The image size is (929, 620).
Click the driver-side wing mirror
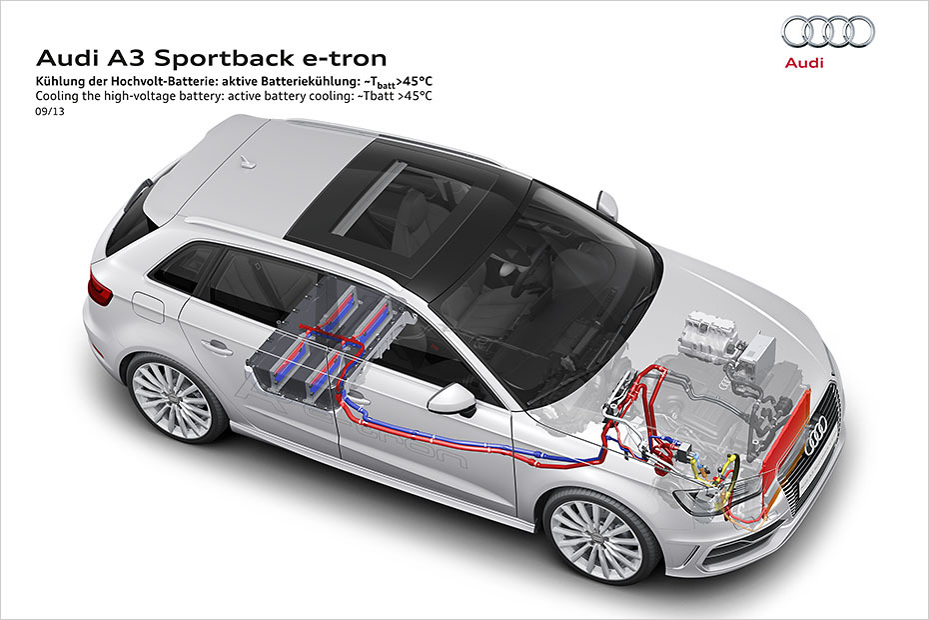point(453,398)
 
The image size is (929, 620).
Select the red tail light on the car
point(100,288)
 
